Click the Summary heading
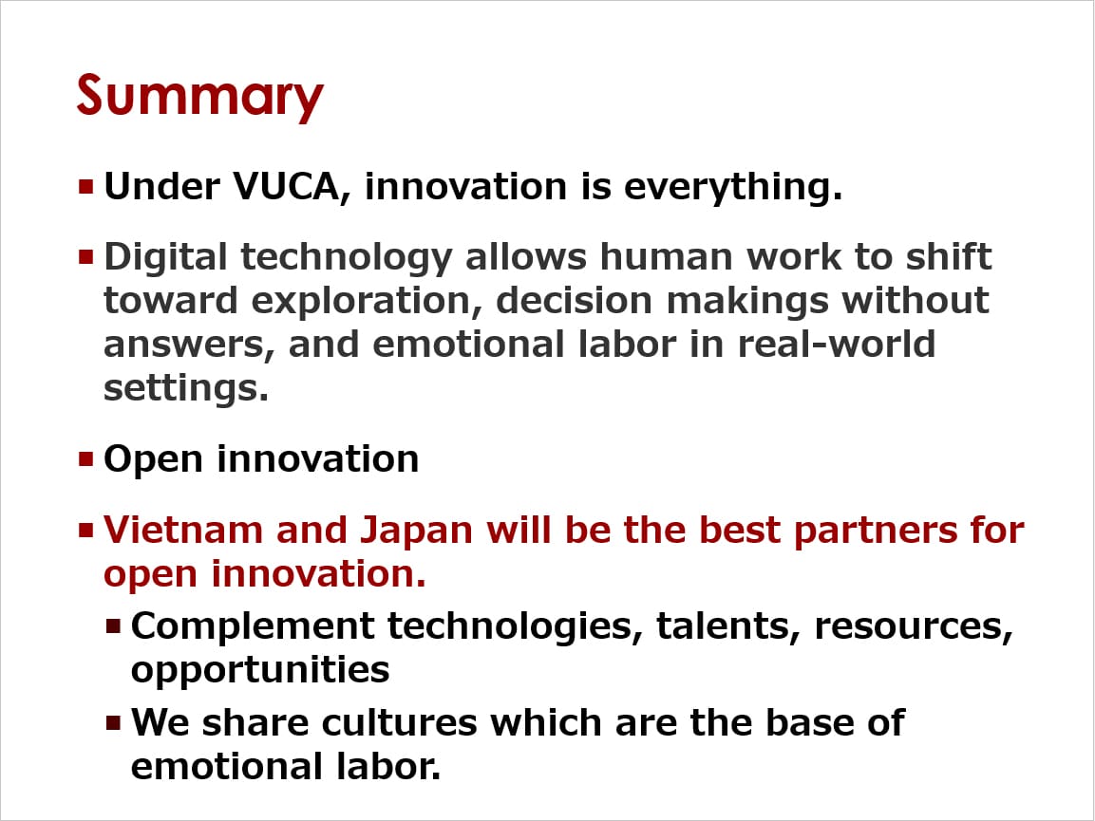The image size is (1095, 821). coord(199,97)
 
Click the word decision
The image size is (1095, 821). coord(574,300)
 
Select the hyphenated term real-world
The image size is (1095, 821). coord(837,344)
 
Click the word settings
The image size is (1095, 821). coord(186,388)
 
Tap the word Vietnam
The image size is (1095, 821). coord(183,530)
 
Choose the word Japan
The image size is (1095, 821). coord(417,532)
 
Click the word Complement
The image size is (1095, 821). coord(253,626)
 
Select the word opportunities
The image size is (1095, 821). coord(260,670)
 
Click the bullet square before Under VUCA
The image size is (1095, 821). coord(85,186)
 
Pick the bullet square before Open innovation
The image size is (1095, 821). coord(85,458)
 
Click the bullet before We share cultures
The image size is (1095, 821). coord(114,722)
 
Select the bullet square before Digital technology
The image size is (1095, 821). coord(85,257)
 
